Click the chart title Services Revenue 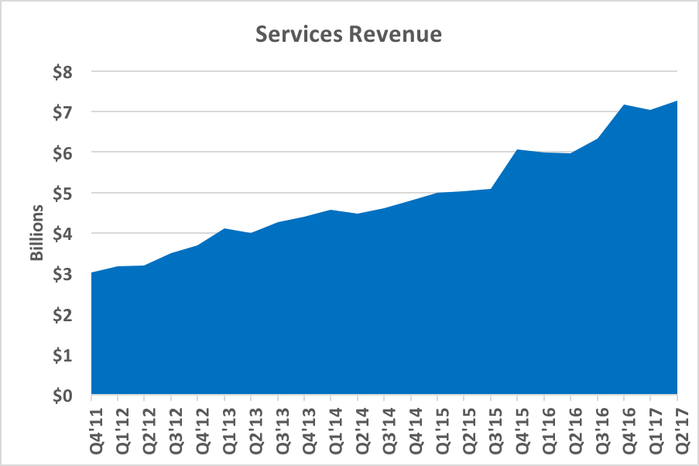(349, 35)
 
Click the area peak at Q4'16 (625, 105)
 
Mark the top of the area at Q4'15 (518, 149)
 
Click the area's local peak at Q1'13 (224, 228)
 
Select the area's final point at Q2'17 (677, 101)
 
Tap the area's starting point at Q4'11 (92, 272)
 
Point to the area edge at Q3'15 (491, 189)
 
